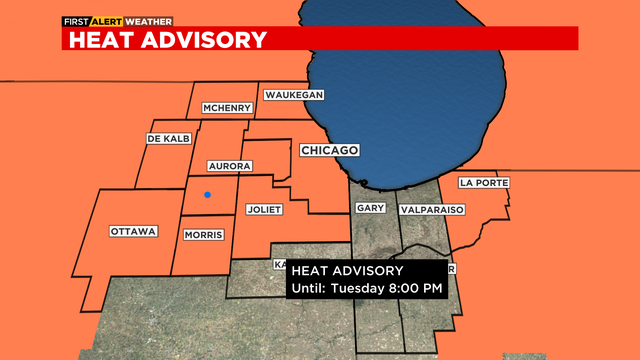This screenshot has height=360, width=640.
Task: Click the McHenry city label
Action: (x=226, y=108)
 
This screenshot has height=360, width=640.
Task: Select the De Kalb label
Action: (x=168, y=138)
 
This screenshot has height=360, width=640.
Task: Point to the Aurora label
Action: (x=228, y=165)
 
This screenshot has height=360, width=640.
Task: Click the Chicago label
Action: (x=329, y=149)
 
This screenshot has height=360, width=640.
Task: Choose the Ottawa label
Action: (x=133, y=231)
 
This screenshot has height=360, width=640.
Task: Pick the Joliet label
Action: (x=265, y=209)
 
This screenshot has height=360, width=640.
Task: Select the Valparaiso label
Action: (x=433, y=210)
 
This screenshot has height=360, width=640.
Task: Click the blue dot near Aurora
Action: (x=207, y=195)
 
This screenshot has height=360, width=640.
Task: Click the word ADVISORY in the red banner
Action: (x=204, y=39)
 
